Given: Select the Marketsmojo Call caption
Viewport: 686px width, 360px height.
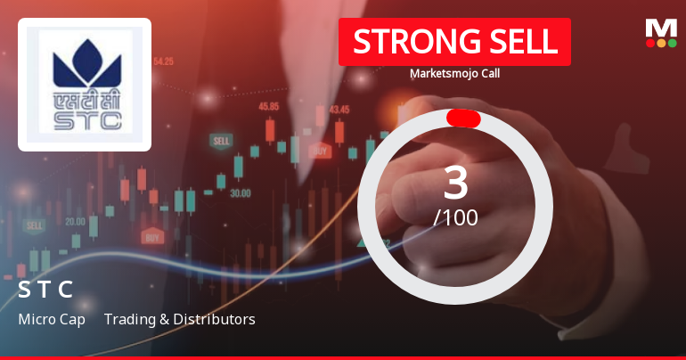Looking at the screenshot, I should point(454,74).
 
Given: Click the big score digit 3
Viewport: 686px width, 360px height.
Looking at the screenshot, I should point(455,183).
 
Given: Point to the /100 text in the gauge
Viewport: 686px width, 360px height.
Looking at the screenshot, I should point(455,217).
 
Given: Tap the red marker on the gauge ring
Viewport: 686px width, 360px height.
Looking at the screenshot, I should point(463,119).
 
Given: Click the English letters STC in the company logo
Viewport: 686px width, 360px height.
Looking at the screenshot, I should point(86,118).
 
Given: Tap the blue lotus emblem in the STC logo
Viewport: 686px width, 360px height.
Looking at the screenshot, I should point(86,60).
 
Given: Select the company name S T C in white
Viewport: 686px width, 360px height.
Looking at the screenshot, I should point(45,290).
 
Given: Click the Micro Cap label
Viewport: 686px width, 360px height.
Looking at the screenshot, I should point(52,319).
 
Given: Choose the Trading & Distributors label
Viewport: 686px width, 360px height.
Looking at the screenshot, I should point(179,319).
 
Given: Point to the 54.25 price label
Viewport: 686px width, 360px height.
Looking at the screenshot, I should point(163,61).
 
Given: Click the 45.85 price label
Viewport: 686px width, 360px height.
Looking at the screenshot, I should point(269,106).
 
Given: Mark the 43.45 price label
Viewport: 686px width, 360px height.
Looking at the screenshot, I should point(339,110).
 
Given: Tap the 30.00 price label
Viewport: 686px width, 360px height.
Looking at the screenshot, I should point(240,192).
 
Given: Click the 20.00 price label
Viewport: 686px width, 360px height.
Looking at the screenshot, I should point(76,221).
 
